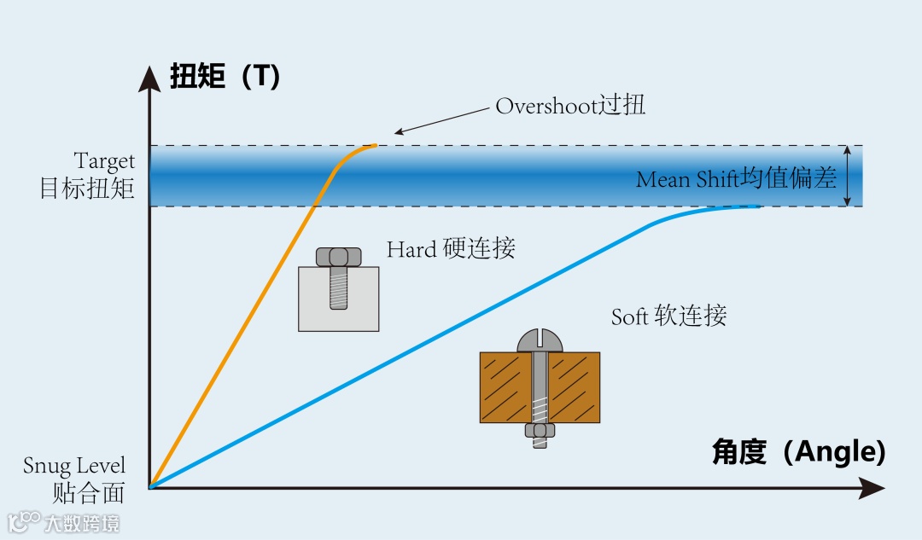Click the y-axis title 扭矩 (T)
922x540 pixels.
pos(225,77)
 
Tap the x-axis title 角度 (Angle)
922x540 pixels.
pos(798,451)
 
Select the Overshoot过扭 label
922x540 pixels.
pos(570,106)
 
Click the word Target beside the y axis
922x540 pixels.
pos(104,161)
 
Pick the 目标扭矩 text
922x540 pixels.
pos(88,188)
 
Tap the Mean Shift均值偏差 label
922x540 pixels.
pos(736,179)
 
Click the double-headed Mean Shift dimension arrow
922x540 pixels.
pos(847,176)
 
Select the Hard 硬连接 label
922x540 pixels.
pos(451,249)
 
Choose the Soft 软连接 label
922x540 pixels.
pos(668,316)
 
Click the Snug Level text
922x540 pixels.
pos(74,466)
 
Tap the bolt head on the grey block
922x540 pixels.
pos(338,256)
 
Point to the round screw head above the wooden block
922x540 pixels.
pos(540,340)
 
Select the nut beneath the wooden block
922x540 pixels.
pos(540,432)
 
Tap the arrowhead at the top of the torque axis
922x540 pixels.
pos(150,77)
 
